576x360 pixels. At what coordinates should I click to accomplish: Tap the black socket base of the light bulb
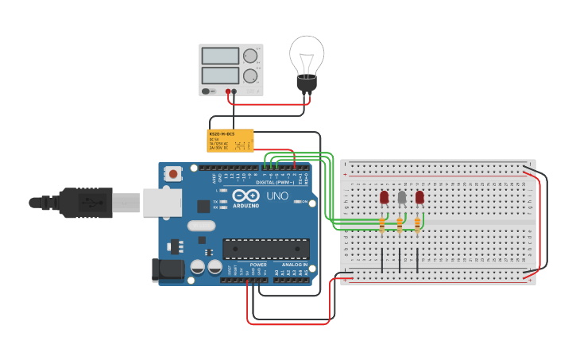click(307, 83)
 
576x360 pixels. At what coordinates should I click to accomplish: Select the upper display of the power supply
click(220, 56)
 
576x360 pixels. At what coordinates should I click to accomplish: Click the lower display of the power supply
click(220, 75)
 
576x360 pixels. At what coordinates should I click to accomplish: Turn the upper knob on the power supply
click(250, 56)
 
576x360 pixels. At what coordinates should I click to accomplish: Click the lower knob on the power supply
click(250, 75)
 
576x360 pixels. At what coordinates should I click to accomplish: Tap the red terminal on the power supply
click(228, 91)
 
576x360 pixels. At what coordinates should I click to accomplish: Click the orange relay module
click(230, 141)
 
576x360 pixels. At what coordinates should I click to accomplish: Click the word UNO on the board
click(276, 195)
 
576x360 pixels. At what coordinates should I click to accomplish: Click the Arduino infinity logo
click(246, 195)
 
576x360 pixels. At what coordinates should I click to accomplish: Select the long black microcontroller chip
click(265, 249)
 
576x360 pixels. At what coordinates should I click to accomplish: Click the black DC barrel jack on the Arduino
click(168, 269)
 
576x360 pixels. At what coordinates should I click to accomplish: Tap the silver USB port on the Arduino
click(162, 203)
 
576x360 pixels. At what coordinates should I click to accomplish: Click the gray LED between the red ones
click(402, 197)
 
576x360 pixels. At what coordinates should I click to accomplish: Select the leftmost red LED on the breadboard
click(385, 197)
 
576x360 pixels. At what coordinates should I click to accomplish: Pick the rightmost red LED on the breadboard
click(419, 197)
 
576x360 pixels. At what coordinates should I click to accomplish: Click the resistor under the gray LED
click(400, 226)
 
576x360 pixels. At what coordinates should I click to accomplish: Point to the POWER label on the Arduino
click(257, 265)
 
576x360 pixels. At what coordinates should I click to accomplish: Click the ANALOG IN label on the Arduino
click(294, 265)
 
